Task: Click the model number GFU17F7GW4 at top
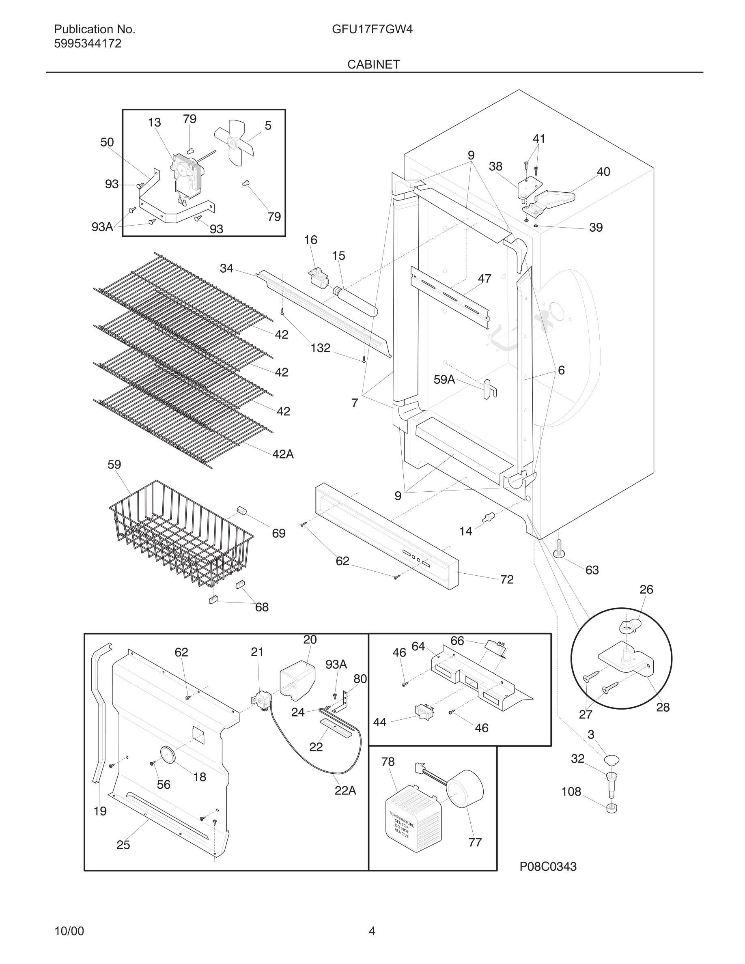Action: point(372,30)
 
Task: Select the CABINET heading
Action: point(373,65)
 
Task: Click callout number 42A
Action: point(283,454)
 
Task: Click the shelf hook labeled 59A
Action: point(489,389)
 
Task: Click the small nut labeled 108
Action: point(612,809)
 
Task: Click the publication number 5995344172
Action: point(87,44)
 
